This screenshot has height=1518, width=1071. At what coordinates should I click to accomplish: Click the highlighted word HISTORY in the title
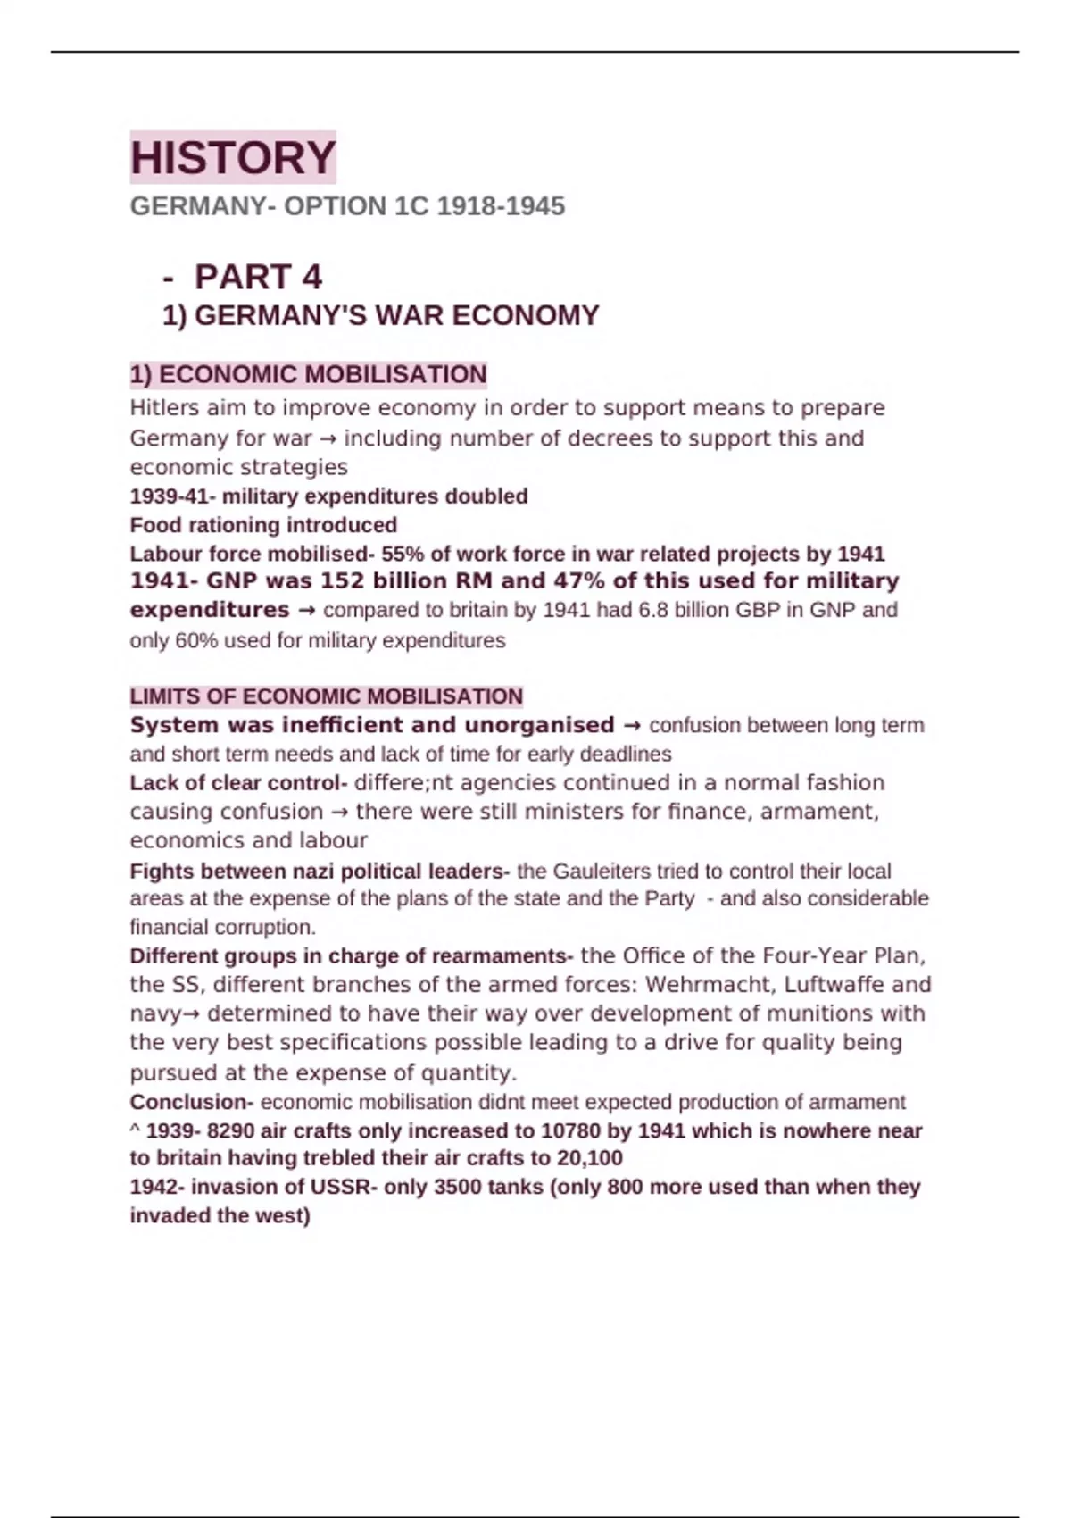coord(233,158)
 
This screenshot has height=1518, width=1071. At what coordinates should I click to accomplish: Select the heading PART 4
coord(258,277)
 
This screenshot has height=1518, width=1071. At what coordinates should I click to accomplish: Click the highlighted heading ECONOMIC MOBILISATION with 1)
coord(308,374)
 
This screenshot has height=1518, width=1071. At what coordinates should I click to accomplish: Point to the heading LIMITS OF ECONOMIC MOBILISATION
coord(326,696)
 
